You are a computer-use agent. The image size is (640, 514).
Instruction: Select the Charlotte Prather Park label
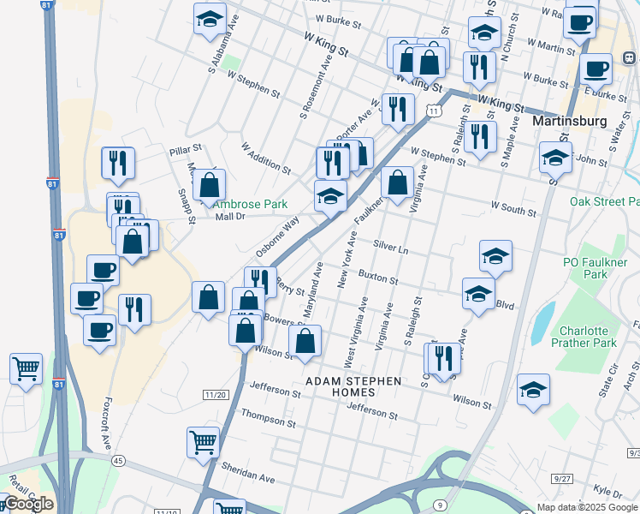click(x=588, y=337)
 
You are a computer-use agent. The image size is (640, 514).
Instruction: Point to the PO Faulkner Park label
click(x=596, y=268)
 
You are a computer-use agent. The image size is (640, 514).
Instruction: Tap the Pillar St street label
click(x=184, y=149)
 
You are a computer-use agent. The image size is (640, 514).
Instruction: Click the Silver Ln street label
click(x=391, y=245)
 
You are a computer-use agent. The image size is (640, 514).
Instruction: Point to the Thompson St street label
click(x=269, y=419)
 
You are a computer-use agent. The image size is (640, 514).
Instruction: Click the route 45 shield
click(x=118, y=461)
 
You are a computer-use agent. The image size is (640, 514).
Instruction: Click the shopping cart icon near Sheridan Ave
click(x=203, y=443)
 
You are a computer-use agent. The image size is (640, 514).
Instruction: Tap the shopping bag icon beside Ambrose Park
click(x=210, y=184)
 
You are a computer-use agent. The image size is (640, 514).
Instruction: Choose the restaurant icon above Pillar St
click(x=117, y=162)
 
